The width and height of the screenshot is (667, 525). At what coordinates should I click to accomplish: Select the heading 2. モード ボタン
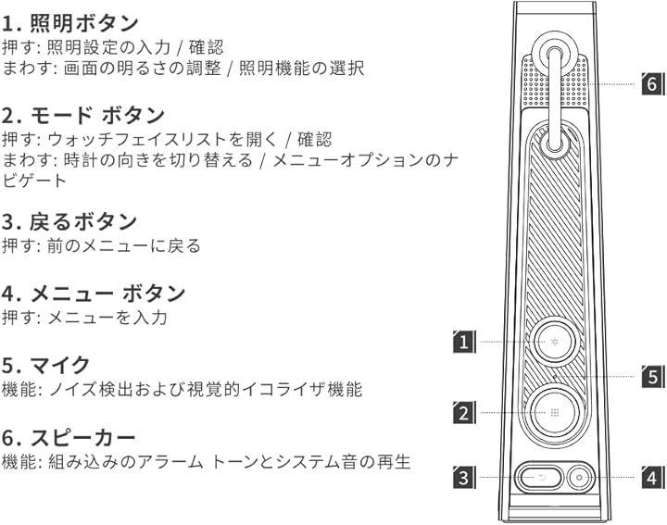coord(82,115)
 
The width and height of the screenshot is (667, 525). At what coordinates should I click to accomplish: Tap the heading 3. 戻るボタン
coord(69,222)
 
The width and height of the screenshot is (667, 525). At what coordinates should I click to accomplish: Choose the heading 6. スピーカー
coord(69,436)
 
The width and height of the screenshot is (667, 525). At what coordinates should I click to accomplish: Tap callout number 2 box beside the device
coord(464,413)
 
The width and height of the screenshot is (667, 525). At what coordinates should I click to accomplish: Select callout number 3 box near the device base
coord(464,479)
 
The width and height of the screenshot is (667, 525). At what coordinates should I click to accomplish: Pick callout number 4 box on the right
coord(652,479)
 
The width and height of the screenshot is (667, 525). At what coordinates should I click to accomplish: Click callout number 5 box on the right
coord(652,377)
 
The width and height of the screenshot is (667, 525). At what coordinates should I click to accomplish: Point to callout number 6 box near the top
coord(652,84)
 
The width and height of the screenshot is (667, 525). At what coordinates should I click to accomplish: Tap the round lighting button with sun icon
coord(553,343)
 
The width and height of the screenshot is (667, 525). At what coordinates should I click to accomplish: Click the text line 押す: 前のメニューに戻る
coord(101,247)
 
